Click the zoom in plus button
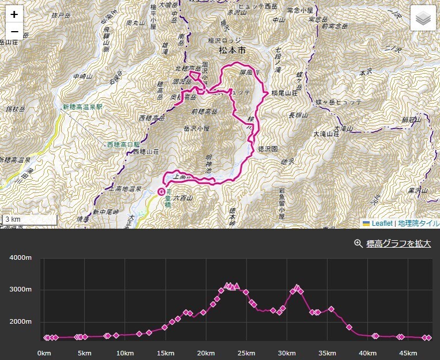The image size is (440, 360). point(14,14)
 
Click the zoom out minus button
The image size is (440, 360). point(14,31)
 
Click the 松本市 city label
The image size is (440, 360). point(232,51)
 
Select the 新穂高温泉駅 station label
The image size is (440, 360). point(82,107)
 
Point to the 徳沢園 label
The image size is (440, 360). point(268,148)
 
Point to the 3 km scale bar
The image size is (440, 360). point(29,219)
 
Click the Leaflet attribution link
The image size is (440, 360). point(382,223)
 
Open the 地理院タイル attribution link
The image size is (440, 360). point(418,223)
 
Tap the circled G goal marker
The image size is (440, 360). point(161,191)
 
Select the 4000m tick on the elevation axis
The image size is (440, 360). point(20,257)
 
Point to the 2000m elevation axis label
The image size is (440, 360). point(20,321)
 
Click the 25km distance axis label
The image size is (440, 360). point(246,353)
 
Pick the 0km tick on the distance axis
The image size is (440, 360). point(44,353)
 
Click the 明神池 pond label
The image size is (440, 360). point(208,164)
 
